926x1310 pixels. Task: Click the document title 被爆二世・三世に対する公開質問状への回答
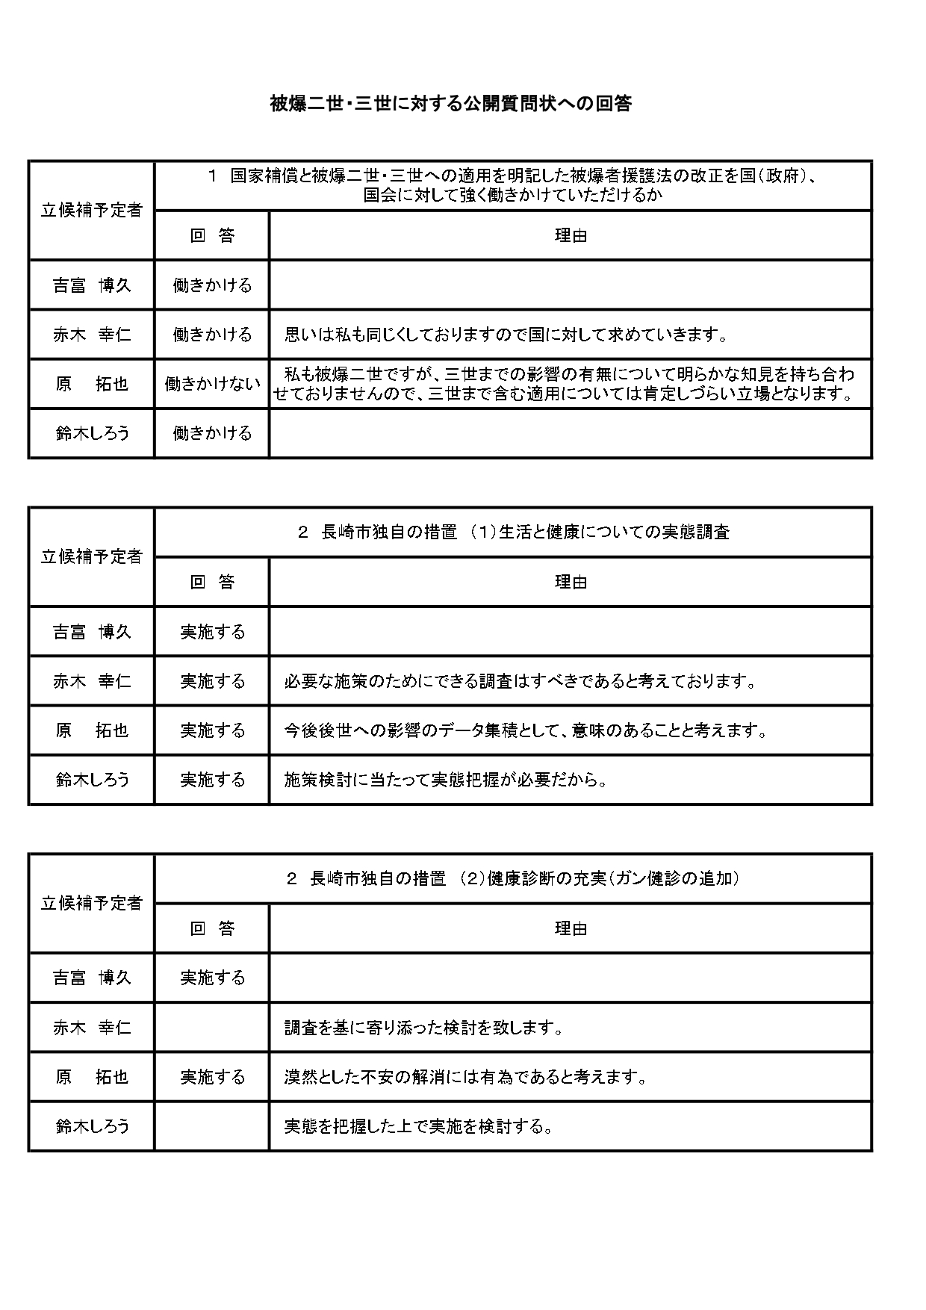click(450, 104)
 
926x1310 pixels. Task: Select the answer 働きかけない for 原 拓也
click(212, 384)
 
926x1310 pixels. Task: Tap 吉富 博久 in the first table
click(92, 285)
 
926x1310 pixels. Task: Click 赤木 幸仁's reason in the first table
click(506, 335)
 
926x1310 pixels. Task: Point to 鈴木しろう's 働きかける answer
click(212, 433)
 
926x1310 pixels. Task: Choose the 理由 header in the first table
click(571, 236)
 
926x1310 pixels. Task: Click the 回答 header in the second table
click(212, 583)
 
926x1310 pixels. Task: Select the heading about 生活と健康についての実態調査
click(513, 533)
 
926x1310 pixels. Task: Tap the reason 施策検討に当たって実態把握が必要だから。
click(446, 780)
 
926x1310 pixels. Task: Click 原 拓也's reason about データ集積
click(526, 730)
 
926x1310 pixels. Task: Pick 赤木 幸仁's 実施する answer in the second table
click(212, 681)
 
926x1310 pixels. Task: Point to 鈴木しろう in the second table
click(92, 780)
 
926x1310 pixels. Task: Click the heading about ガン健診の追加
click(513, 878)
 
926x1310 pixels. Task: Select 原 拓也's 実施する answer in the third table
click(212, 1077)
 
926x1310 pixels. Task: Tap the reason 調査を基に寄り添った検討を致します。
click(423, 1028)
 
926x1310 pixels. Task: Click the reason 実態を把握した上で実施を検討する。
click(418, 1126)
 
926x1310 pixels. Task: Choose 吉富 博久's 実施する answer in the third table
click(212, 978)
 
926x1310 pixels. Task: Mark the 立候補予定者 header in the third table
click(92, 904)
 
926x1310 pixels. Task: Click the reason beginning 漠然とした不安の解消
click(465, 1077)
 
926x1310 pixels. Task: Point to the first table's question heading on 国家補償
click(513, 186)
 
